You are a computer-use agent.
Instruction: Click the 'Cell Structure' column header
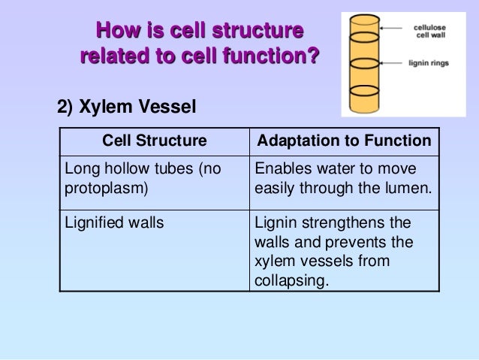tap(154, 141)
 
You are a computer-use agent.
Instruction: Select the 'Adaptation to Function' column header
tap(344, 141)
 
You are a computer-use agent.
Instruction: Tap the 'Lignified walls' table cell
tap(114, 223)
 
